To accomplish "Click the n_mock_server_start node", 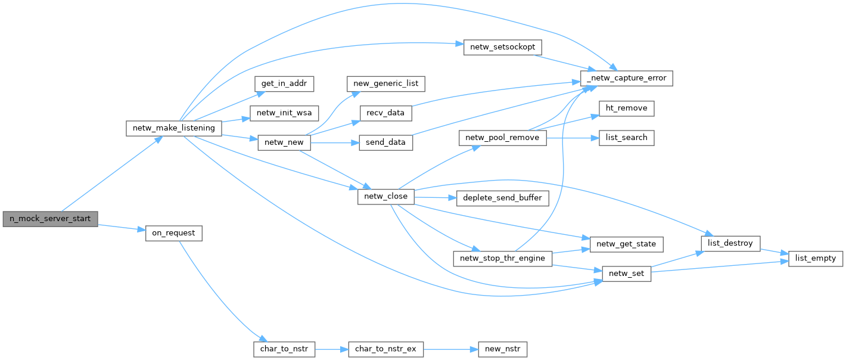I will coord(50,219).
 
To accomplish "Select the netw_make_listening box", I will coord(174,128).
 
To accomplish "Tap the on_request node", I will coord(174,233).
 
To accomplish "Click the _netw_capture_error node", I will coord(627,78).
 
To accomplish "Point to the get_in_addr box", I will coord(284,83).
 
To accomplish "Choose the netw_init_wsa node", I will coord(285,113).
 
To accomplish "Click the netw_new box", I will coord(284,142).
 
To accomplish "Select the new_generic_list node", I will coord(386,83).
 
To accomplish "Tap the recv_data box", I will coord(386,113).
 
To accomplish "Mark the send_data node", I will coord(386,142).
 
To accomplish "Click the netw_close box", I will coord(385,196).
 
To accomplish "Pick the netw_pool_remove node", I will coord(502,138).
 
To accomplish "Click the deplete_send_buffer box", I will coord(502,198).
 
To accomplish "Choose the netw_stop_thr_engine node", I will coord(502,259).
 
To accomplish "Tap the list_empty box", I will coord(816,259).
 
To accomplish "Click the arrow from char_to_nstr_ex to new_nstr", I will coord(450,349).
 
